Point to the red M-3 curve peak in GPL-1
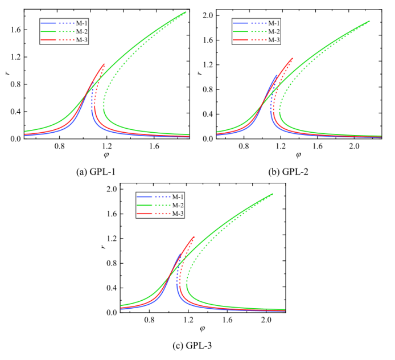(104, 64)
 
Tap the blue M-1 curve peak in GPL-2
(277, 75)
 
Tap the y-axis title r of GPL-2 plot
(199, 72)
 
